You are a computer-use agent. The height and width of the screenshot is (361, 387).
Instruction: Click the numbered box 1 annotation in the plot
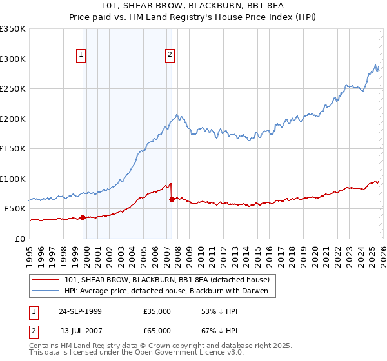click(82, 55)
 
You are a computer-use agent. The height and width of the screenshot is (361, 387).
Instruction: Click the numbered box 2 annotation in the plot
click(170, 55)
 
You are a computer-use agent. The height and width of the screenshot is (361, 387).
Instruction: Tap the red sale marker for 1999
click(83, 217)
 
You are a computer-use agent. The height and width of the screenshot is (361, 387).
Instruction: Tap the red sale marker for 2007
click(172, 199)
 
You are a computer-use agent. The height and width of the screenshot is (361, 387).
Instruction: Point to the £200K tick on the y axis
click(13, 119)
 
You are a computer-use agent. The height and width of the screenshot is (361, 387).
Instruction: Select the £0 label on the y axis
click(21, 239)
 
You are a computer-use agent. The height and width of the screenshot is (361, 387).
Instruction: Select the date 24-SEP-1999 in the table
click(80, 311)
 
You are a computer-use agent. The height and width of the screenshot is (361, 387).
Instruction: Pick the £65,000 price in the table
click(157, 331)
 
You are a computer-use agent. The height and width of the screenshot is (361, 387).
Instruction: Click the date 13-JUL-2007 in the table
click(80, 331)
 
